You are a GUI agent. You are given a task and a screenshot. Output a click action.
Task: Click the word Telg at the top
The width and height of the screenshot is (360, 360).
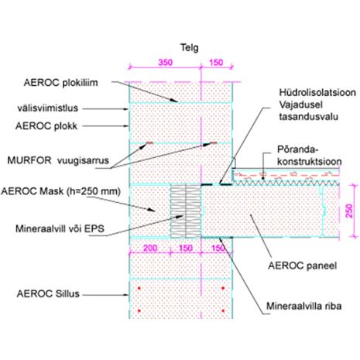pos(189,48)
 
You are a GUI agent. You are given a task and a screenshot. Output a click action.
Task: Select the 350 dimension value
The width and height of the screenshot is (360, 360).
pos(165,63)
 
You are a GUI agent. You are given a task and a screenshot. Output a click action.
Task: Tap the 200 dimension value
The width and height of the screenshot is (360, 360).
pos(150,248)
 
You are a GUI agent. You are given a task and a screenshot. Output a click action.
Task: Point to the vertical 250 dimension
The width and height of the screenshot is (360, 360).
pos(349,211)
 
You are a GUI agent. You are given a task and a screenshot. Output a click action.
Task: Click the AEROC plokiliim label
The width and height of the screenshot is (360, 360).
pos(61,83)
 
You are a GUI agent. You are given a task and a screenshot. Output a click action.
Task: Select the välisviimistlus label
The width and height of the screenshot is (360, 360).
pos(48,108)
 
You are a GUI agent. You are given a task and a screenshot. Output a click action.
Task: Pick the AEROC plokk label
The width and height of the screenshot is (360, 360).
pos(46,126)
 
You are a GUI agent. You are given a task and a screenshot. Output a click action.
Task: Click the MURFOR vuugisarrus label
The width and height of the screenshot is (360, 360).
pos(58,160)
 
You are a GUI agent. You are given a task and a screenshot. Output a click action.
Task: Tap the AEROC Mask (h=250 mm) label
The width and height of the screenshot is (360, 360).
pos(61,191)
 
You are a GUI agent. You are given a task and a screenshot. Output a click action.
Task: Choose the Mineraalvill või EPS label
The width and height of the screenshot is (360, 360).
pos(60,228)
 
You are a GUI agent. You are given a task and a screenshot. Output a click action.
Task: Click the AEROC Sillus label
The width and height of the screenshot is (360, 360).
pos(48,293)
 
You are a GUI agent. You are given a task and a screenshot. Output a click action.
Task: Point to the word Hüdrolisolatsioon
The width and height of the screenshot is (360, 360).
pos(317,92)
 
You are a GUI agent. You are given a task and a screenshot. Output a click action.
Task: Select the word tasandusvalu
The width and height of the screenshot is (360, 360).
pos(309,116)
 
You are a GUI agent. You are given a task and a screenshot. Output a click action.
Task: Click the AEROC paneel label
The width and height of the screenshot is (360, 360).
pos(303,266)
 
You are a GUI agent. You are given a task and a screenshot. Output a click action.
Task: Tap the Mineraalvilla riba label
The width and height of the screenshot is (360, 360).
pos(304,306)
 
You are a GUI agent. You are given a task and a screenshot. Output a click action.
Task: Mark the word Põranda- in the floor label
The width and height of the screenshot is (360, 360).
pos(298,149)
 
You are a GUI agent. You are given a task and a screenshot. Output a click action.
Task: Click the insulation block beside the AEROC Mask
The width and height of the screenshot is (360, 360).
pos(186,211)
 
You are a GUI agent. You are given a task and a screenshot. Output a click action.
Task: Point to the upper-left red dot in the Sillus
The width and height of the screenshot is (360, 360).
pos(139,288)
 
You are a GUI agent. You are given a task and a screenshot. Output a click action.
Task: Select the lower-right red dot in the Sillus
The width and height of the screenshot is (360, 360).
pos(223,311)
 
